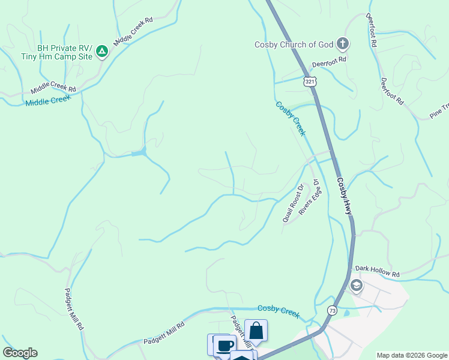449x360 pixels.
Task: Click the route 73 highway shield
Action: [x=332, y=310]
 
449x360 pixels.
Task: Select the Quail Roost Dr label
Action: [x=294, y=203]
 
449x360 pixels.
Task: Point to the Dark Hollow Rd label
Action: [x=377, y=271]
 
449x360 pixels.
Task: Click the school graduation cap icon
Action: [x=356, y=286]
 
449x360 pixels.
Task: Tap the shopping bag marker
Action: [x=256, y=331]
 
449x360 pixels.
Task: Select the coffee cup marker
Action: [x=224, y=346]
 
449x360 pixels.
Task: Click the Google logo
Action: [x=20, y=353]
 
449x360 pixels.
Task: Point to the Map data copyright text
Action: [x=412, y=355]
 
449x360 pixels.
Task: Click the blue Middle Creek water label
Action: [x=48, y=101]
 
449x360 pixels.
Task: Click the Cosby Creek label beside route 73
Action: [x=278, y=309]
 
